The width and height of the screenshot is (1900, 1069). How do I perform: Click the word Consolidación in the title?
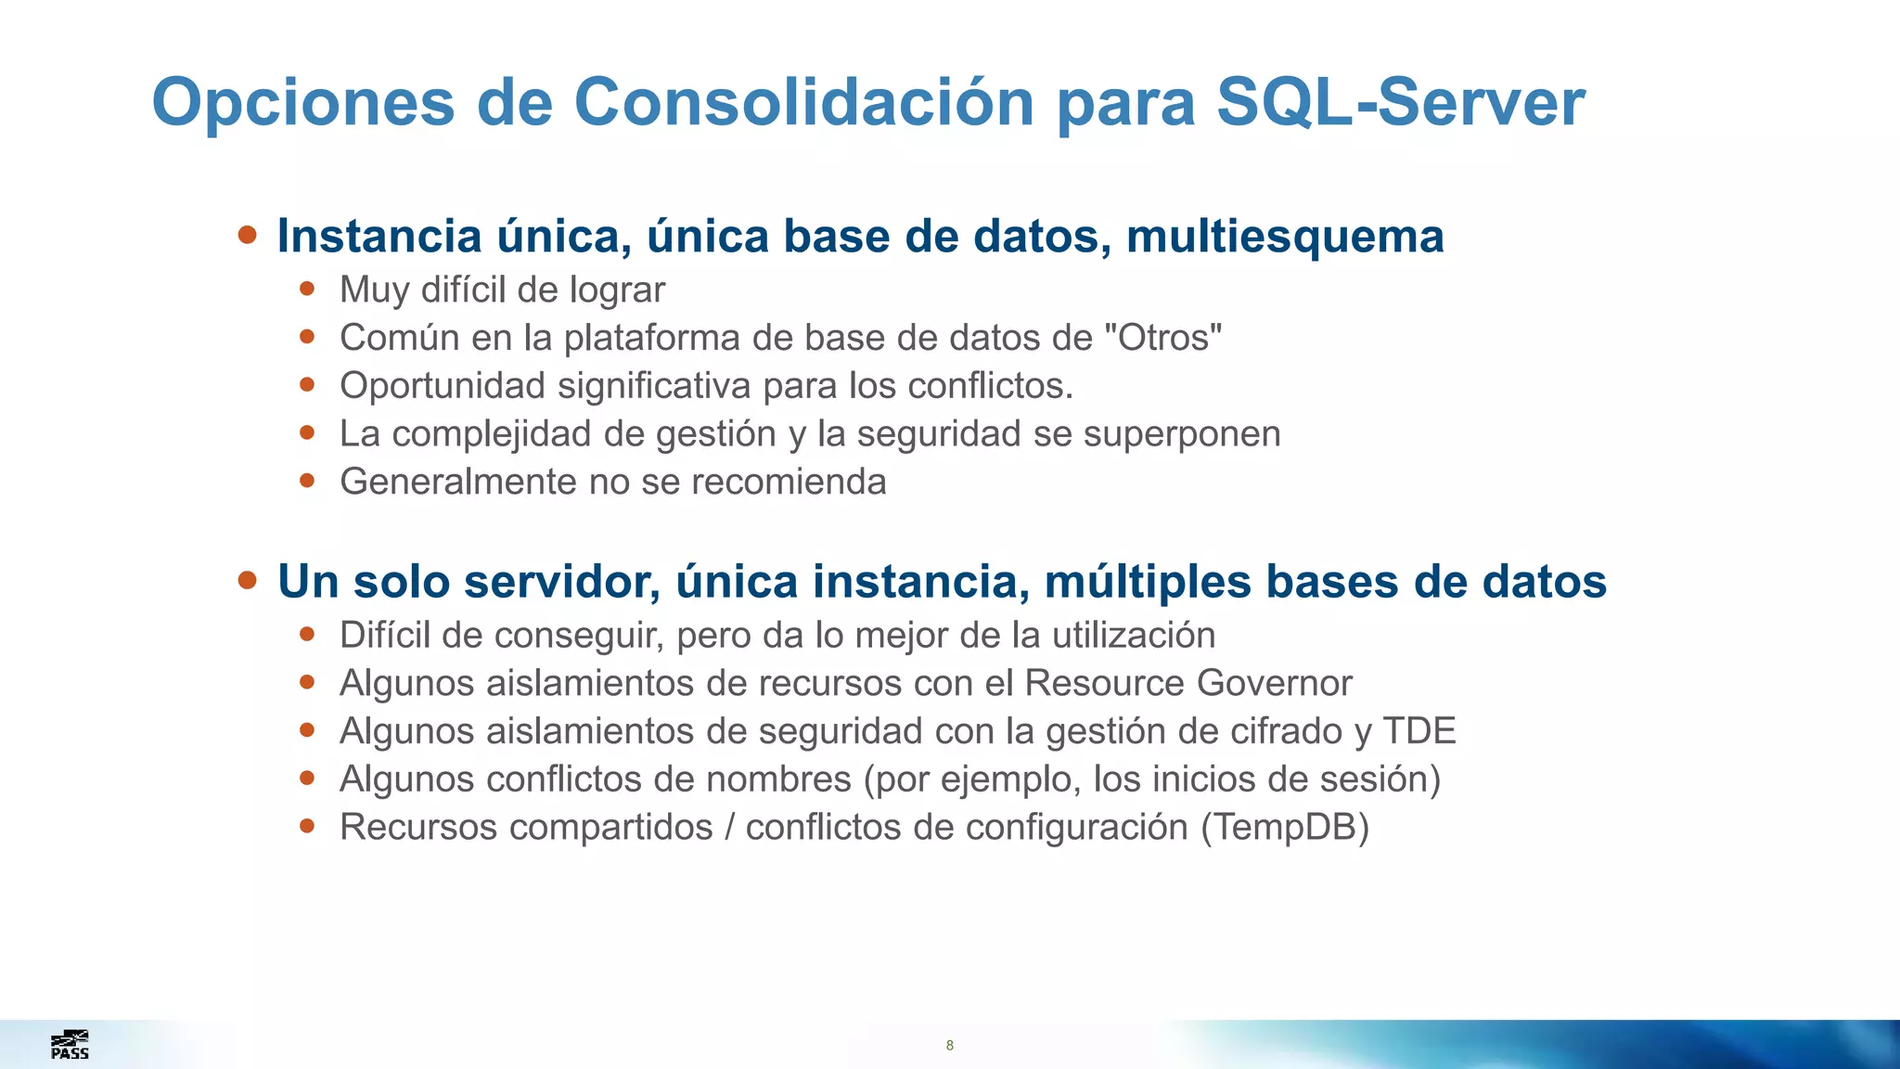(803, 102)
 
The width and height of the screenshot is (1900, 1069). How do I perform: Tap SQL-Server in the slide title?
(1400, 102)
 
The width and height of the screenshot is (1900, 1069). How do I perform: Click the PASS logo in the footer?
(70, 1045)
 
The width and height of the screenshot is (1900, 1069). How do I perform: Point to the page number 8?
(949, 1046)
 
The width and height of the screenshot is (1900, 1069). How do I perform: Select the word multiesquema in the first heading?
(1285, 237)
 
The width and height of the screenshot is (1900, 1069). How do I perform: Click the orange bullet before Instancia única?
(247, 234)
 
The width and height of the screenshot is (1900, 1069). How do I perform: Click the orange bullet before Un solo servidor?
(247, 580)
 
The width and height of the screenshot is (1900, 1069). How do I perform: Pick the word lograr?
(617, 290)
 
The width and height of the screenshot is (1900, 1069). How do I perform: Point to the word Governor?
(1274, 683)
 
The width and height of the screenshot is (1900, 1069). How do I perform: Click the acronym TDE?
(1419, 731)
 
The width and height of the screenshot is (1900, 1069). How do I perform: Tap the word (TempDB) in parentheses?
(1285, 828)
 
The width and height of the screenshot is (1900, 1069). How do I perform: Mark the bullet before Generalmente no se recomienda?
(307, 481)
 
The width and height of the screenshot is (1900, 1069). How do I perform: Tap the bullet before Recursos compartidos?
(307, 826)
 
